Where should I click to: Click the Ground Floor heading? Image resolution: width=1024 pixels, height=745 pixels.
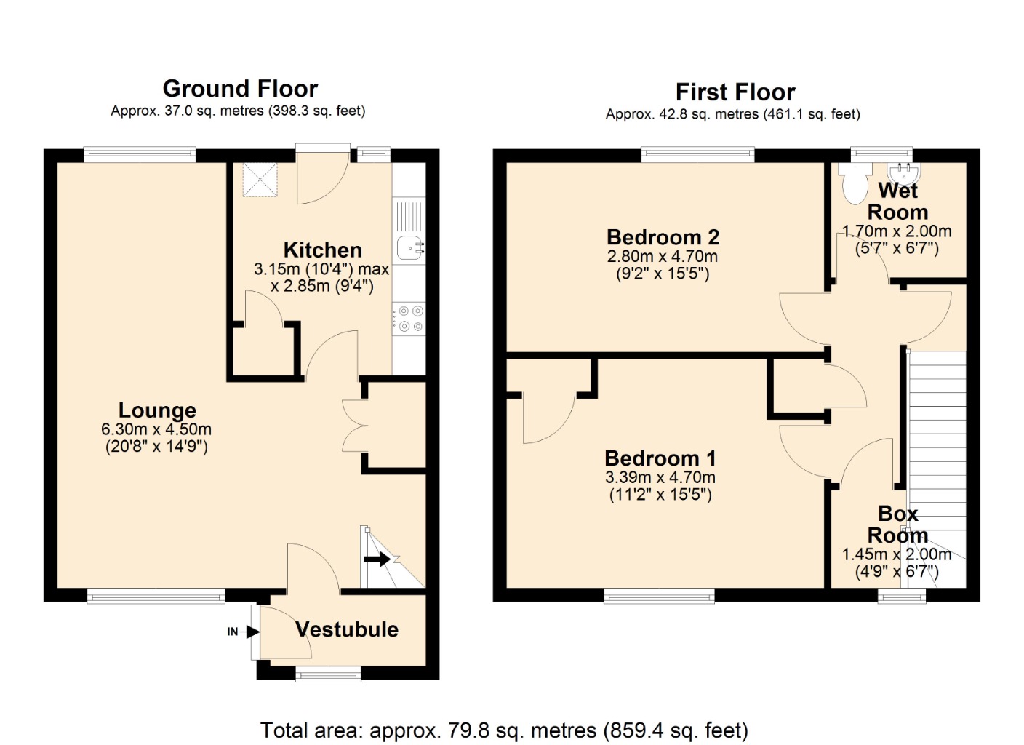click(x=240, y=89)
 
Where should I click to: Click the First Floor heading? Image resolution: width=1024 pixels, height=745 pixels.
click(x=735, y=92)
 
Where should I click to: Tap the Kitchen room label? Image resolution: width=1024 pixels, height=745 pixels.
click(x=322, y=250)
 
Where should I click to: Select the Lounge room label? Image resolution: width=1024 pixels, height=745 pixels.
click(x=157, y=410)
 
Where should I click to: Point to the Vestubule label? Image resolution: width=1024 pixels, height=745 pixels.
click(x=346, y=629)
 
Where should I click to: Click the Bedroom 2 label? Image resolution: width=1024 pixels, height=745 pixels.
click(x=663, y=237)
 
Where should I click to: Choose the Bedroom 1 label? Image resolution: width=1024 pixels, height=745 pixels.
click(x=660, y=458)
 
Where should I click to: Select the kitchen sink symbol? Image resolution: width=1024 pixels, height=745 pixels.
click(x=410, y=248)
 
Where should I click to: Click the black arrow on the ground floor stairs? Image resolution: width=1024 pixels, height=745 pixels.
click(x=377, y=559)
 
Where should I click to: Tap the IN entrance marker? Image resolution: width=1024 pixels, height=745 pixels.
click(x=233, y=632)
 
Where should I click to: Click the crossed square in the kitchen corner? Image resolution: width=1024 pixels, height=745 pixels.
click(x=260, y=180)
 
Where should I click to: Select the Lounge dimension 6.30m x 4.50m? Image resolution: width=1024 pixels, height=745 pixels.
click(x=156, y=429)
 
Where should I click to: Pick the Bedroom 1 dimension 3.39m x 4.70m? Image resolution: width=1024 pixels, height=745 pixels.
click(x=660, y=477)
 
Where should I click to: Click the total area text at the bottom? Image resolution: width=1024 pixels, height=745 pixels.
click(x=504, y=730)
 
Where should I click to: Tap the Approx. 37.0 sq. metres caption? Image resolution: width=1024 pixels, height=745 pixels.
click(x=238, y=111)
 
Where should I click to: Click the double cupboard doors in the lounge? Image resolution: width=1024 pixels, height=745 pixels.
click(x=354, y=426)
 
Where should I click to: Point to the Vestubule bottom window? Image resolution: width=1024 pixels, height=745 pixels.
click(x=328, y=674)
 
